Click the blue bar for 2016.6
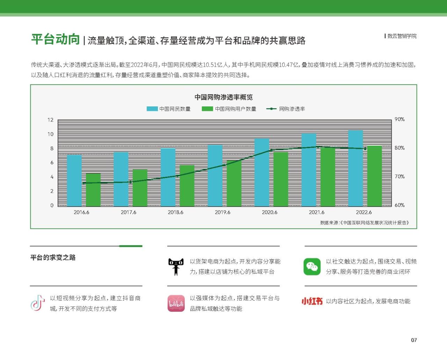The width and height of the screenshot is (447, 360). point(74,180)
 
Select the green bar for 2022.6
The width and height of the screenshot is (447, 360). point(374,176)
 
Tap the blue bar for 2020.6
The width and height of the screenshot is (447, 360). point(262,172)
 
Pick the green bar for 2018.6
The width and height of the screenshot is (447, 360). point(187,186)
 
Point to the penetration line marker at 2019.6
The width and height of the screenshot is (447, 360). point(224,165)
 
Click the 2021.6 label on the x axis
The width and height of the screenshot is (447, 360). point(316,212)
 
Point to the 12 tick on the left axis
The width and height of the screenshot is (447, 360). point(51,120)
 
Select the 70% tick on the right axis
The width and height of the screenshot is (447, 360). point(400,177)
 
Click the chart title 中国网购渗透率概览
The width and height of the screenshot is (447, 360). point(223,97)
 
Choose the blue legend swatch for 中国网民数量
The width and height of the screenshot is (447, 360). point(152,109)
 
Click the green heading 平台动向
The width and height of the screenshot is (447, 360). point(56,39)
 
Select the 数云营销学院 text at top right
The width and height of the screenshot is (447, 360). point(402,36)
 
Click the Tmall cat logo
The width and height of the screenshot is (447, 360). point(176,267)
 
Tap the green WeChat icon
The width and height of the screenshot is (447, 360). point(312,267)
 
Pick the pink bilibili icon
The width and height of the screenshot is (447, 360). point(176,303)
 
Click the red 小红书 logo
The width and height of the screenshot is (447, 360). point(312,301)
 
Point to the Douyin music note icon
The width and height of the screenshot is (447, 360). point(38,303)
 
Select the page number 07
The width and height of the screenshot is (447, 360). point(414,340)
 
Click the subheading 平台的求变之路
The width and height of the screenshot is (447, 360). point(53,257)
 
